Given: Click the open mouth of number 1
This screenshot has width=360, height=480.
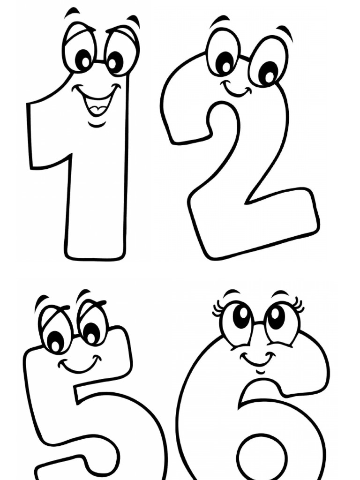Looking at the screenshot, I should click(x=97, y=104).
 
